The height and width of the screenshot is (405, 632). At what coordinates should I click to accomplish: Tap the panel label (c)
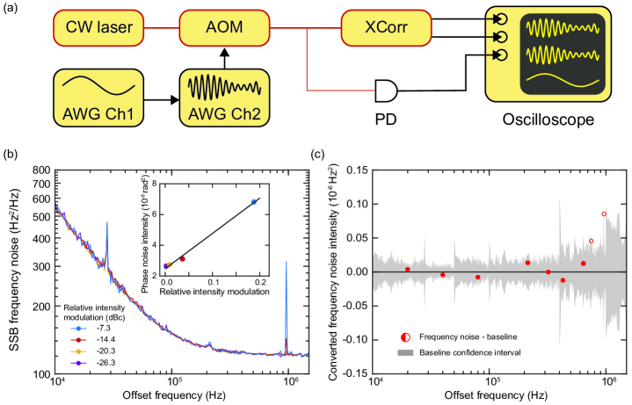321,155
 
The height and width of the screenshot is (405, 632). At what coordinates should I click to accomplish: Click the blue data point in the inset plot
254,202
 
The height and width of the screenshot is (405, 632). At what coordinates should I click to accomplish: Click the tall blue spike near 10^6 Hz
287,264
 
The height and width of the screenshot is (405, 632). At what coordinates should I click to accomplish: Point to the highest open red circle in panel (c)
604,214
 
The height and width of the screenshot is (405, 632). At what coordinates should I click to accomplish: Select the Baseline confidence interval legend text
463,351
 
